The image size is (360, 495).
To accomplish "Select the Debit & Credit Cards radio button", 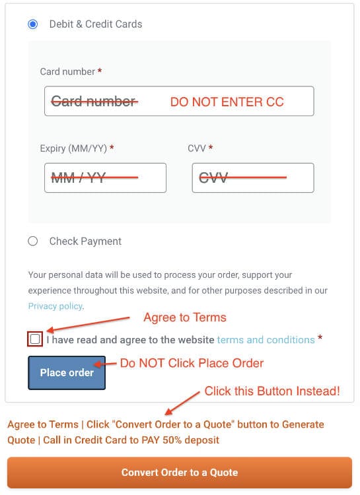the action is click(33, 24).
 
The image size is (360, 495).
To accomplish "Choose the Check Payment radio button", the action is click(33, 241).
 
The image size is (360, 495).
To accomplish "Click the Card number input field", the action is click(179, 101).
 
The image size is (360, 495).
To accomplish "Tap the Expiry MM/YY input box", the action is click(105, 178).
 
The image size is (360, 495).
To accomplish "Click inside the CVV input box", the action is click(253, 178).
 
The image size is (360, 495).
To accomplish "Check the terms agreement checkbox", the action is click(35, 339).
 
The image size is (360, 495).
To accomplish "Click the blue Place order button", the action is click(67, 372).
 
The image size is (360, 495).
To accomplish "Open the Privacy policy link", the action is click(55, 306).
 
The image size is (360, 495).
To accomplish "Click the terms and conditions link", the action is click(266, 340).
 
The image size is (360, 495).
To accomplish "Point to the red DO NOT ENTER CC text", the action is click(227, 102).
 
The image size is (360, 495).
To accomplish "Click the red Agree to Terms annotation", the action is click(185, 317).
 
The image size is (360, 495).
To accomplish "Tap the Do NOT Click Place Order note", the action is click(192, 363).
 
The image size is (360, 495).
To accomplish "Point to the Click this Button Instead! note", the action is click(272, 391).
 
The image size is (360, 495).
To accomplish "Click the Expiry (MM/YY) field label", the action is click(73, 148).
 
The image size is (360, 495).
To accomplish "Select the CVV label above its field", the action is click(197, 148).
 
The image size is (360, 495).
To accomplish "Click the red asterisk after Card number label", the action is click(100, 71).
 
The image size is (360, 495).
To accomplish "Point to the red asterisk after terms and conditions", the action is click(320, 337).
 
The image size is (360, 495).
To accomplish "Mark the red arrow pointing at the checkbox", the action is click(88, 324).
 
